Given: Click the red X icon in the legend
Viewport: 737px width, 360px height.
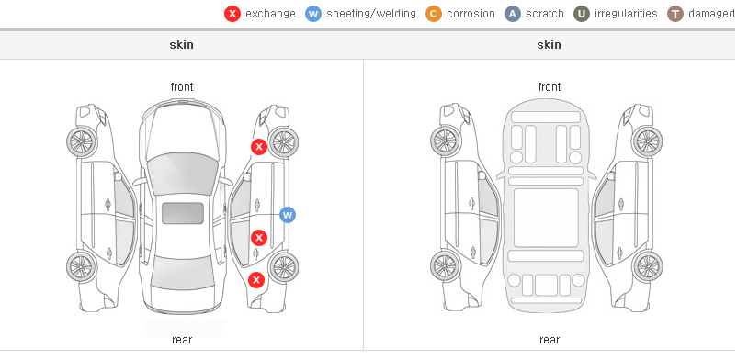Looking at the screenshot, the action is pyautogui.click(x=232, y=14).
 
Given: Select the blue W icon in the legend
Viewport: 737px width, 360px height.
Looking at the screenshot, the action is pyautogui.click(x=313, y=14).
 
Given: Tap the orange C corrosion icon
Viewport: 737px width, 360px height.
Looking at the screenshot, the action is pyautogui.click(x=434, y=14).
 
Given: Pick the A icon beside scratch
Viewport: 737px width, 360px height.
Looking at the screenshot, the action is pyautogui.click(x=513, y=14).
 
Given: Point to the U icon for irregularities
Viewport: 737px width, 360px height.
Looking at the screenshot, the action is pyautogui.click(x=582, y=14).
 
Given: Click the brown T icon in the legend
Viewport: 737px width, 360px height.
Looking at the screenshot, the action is pyautogui.click(x=675, y=14).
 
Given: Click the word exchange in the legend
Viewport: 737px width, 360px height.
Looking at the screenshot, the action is pyautogui.click(x=270, y=14).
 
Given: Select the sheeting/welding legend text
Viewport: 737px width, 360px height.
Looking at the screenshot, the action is pyautogui.click(x=371, y=14).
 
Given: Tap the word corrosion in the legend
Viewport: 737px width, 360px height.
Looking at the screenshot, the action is pyautogui.click(x=471, y=14).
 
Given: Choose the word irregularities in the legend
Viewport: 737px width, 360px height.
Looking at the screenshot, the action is pyautogui.click(x=626, y=14).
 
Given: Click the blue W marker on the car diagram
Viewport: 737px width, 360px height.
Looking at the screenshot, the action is pyautogui.click(x=288, y=215).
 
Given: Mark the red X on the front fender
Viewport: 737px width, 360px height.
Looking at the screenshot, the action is pyautogui.click(x=258, y=147).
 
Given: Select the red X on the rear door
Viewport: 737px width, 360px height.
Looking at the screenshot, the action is pyautogui.click(x=259, y=238).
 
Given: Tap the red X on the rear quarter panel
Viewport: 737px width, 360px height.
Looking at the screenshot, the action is pyautogui.click(x=256, y=281).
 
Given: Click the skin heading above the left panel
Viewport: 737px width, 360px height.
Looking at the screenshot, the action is pyautogui.click(x=181, y=45).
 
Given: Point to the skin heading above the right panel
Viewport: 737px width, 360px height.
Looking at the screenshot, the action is pyautogui.click(x=549, y=45).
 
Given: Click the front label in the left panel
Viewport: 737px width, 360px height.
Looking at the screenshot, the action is pyautogui.click(x=182, y=87).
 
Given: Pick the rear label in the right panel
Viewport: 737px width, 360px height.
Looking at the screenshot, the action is pyautogui.click(x=550, y=340).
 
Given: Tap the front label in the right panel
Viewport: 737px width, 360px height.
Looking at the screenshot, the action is pyautogui.click(x=550, y=87).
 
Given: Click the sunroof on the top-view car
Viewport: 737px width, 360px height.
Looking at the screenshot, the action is pyautogui.click(x=183, y=213).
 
